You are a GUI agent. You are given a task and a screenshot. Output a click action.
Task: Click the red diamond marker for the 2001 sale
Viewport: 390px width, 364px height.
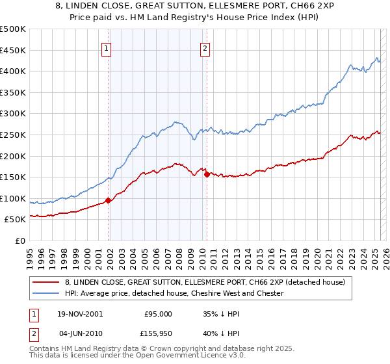coord(108,201)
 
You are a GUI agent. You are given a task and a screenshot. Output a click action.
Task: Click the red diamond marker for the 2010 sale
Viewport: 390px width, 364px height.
coord(206,174)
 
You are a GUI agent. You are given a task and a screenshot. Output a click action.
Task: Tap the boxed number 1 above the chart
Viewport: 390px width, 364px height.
coord(106,47)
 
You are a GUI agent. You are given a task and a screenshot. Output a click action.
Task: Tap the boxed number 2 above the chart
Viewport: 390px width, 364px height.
coord(205,47)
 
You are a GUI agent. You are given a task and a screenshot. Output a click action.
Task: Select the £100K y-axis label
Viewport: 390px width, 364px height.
coord(14,198)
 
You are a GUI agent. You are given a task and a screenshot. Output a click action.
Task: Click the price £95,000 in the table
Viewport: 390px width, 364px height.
coord(158,313)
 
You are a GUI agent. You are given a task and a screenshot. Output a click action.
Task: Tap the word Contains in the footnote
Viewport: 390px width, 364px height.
coord(45,349)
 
